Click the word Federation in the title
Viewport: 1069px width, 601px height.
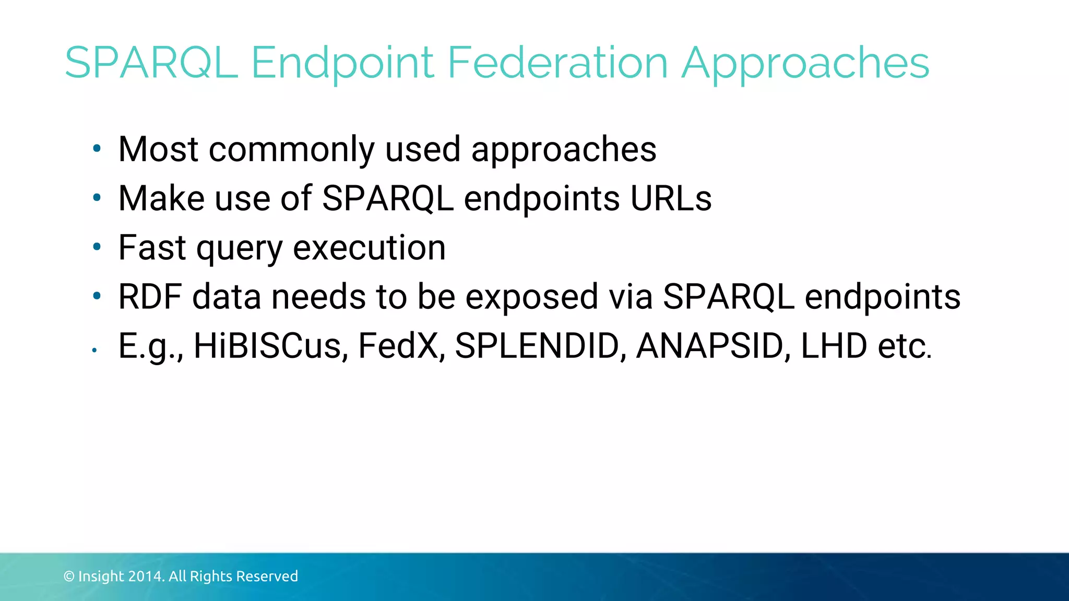click(x=557, y=63)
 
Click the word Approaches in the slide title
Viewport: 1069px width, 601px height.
click(x=805, y=63)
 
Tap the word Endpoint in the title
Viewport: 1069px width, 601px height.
click(x=342, y=63)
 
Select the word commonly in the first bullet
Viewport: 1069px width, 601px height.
click(x=291, y=150)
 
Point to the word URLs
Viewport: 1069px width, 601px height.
click(x=671, y=198)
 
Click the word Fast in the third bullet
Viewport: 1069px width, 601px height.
click(x=152, y=247)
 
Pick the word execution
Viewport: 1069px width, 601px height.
click(x=369, y=247)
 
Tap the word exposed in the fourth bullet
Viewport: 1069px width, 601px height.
click(x=531, y=296)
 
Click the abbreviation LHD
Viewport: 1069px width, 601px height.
click(x=834, y=345)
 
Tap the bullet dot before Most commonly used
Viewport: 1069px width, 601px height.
click(x=96, y=149)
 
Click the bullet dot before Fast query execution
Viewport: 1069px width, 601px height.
click(x=96, y=247)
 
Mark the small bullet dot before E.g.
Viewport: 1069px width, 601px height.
click(x=94, y=350)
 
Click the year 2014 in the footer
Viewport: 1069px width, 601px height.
click(x=146, y=576)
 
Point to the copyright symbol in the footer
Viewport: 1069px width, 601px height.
click(x=69, y=576)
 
